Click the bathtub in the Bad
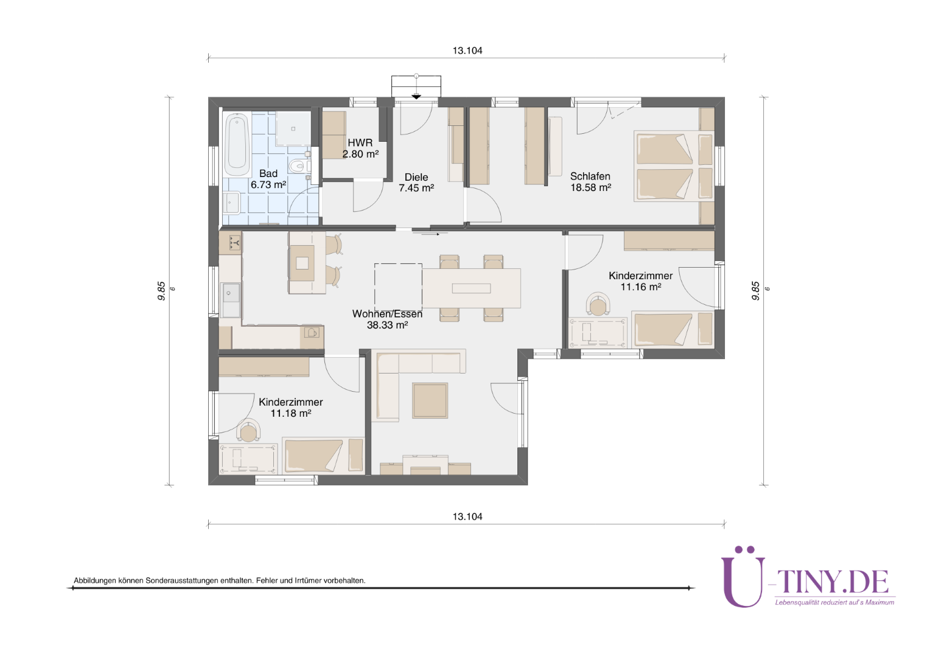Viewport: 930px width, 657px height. (237, 145)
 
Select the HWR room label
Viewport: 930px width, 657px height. (360, 143)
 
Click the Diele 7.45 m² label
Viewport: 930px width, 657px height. (416, 182)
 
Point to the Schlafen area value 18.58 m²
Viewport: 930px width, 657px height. (590, 187)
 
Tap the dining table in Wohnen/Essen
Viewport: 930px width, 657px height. (471, 288)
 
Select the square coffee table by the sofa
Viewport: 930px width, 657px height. (430, 400)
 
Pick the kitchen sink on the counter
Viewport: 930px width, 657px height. (231, 300)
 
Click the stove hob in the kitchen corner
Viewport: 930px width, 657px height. (231, 242)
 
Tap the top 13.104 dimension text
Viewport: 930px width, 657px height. (467, 50)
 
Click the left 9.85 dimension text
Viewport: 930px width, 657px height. (161, 291)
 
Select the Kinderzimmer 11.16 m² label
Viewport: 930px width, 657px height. (641, 281)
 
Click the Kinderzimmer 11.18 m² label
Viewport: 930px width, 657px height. (291, 408)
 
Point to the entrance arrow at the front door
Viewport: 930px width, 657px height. (416, 97)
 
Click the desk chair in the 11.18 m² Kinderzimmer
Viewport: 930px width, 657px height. (248, 431)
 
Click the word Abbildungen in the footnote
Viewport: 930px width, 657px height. (95, 580)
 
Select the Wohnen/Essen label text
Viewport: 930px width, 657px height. (387, 314)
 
